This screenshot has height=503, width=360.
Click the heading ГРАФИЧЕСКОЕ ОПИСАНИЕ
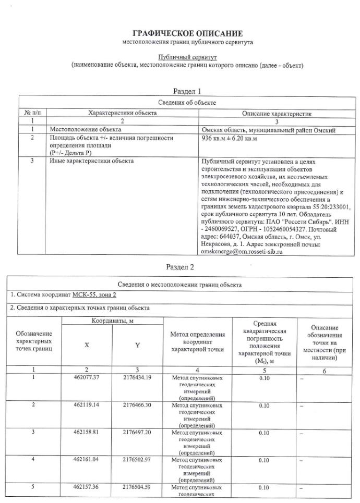(x=187, y=33)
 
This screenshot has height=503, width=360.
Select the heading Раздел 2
(x=180, y=267)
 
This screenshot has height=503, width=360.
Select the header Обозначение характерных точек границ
(x=34, y=340)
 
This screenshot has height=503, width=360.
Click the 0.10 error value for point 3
(x=264, y=433)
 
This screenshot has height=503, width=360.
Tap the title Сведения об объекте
(x=187, y=102)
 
